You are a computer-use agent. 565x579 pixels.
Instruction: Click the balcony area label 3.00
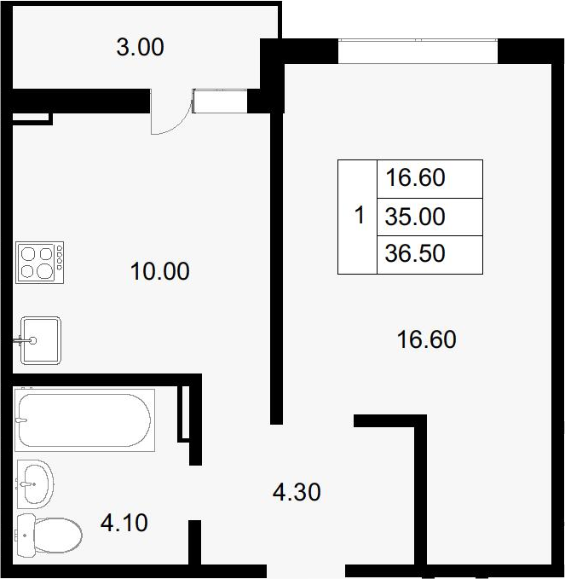tap(141, 47)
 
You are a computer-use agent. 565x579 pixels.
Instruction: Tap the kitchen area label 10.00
tap(160, 271)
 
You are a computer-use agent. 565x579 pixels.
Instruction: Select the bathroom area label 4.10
tap(124, 523)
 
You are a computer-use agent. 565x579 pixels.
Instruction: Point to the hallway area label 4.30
tap(297, 492)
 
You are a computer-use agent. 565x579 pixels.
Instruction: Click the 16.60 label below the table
tap(426, 339)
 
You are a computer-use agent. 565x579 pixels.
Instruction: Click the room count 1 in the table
tap(359, 215)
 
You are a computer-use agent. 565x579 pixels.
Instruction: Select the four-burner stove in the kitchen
tap(39, 263)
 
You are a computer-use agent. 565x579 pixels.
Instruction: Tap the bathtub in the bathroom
tap(84, 420)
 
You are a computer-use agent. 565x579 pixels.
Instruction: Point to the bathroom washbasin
tap(36, 483)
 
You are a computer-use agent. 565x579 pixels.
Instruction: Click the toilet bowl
tap(58, 535)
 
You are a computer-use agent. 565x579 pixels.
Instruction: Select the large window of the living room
tap(418, 51)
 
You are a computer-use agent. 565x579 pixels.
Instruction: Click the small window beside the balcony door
tap(220, 101)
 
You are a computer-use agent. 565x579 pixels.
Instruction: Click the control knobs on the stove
tap(60, 258)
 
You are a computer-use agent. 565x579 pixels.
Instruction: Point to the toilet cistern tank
tap(26, 535)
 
